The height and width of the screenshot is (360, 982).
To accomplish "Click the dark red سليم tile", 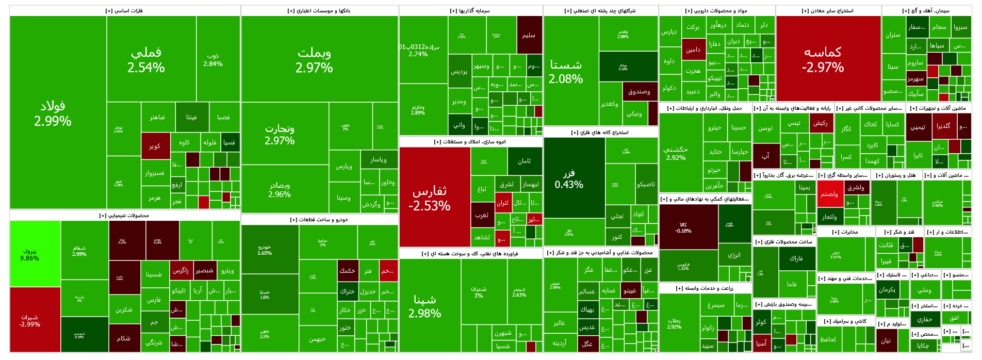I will [529, 35].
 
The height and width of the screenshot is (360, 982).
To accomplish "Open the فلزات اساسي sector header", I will [125, 11].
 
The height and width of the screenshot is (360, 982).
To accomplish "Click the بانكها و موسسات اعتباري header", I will [319, 11].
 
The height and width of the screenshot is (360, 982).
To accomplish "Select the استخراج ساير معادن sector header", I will [828, 11].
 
